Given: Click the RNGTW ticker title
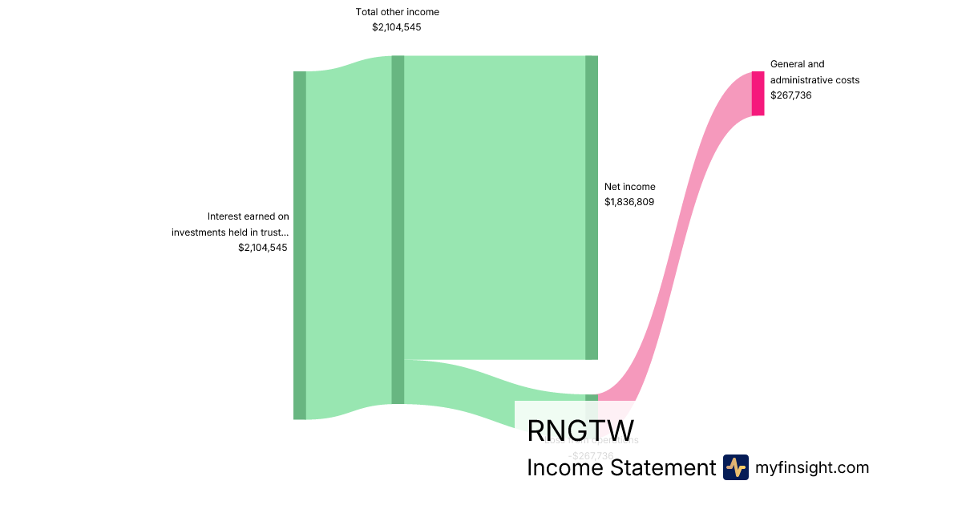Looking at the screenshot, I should coord(580,430).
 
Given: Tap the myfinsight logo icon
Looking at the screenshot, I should coord(735,467).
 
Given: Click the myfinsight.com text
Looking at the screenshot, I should coord(811,467).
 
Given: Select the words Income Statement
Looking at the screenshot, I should coord(620,468).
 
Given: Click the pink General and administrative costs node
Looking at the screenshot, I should coord(758,93).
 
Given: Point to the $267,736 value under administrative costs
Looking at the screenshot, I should coord(790,95).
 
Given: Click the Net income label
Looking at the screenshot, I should coord(629,187).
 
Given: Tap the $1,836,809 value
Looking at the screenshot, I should coord(629,202).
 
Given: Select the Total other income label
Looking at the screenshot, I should coord(397,12).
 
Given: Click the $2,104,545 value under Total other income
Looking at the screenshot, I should coord(397,27).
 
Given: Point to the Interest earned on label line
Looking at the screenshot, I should coord(248,216).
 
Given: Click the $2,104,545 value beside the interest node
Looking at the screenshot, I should coord(262,248).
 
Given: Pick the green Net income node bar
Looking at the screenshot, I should coord(592,208).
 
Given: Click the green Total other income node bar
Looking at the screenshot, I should coord(398,229).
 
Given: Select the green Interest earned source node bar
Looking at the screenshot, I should coord(300,244).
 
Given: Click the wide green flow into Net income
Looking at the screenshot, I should coord(495,208).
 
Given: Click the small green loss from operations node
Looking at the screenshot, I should coord(592,398).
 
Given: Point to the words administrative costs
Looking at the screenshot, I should coord(814,80).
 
